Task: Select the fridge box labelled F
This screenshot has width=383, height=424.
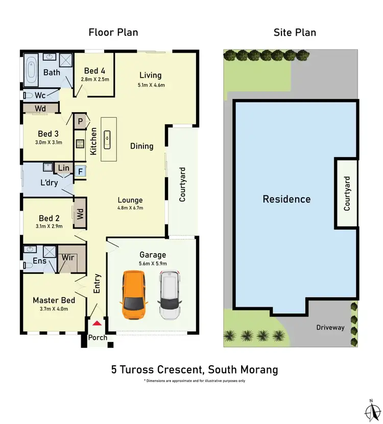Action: (80, 172)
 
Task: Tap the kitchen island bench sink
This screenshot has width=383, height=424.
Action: (108, 137)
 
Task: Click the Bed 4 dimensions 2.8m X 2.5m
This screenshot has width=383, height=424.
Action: (95, 80)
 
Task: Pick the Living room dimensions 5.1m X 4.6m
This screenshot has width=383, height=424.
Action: (150, 85)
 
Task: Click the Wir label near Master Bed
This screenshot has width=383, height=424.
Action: (68, 258)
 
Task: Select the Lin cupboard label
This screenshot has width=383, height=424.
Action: (64, 168)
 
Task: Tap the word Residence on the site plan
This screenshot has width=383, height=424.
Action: (286, 199)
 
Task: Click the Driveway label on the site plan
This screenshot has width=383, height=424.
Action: (330, 327)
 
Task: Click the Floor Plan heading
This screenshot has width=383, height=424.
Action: (113, 33)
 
